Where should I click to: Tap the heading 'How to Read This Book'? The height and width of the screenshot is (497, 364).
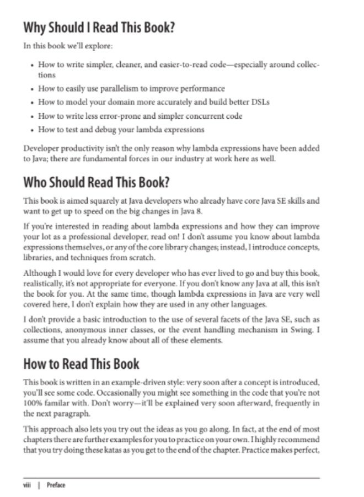(x=81, y=364)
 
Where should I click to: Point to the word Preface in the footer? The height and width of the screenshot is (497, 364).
(x=56, y=485)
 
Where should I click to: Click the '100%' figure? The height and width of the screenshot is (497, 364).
(x=33, y=401)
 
